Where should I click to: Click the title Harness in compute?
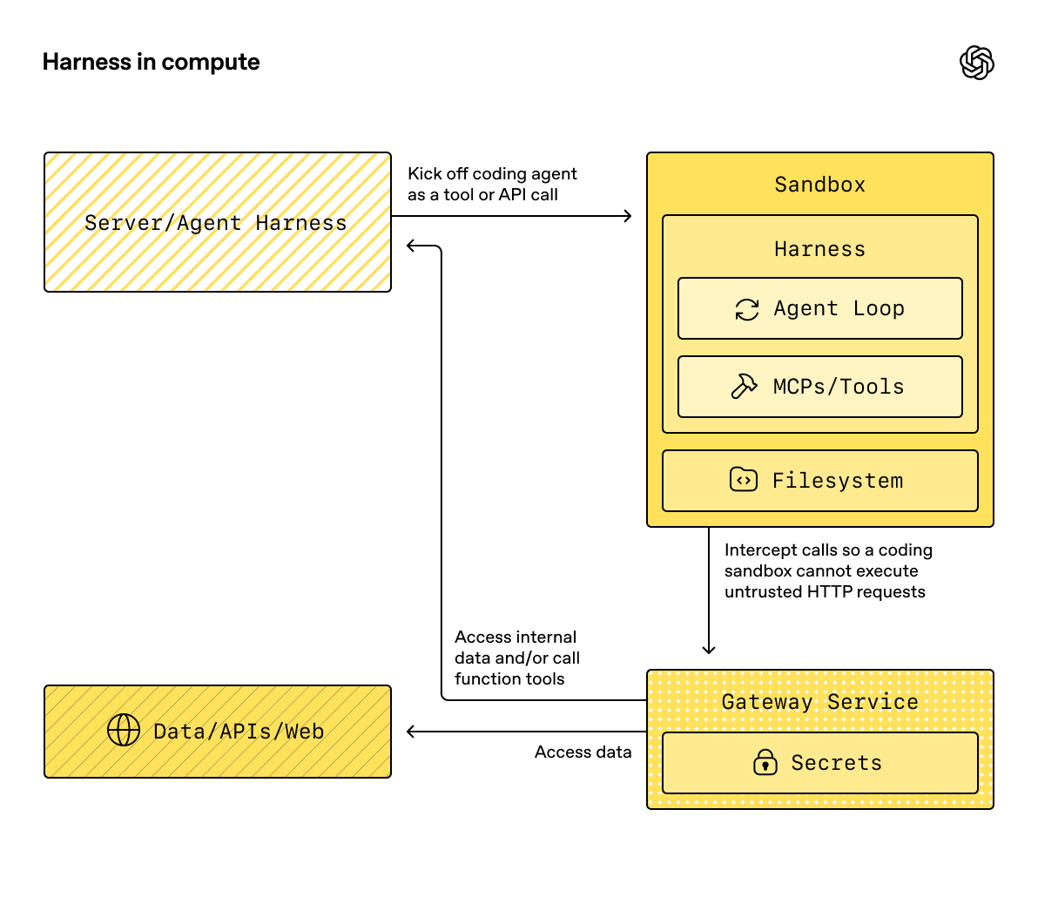pyautogui.click(x=151, y=62)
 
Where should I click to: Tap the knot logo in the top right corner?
pyautogui.click(x=976, y=63)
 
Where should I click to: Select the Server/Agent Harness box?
pyautogui.click(x=217, y=223)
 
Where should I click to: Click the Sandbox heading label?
pyautogui.click(x=819, y=185)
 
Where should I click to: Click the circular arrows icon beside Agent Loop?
pyautogui.click(x=747, y=309)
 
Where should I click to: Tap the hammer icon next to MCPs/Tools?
pyautogui.click(x=744, y=387)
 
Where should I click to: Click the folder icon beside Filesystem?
pyautogui.click(x=743, y=480)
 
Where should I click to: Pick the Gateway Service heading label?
pyautogui.click(x=819, y=702)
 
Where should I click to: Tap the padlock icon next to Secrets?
pyautogui.click(x=765, y=763)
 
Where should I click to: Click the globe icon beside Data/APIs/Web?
pyautogui.click(x=123, y=731)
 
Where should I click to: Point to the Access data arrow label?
pyautogui.click(x=583, y=752)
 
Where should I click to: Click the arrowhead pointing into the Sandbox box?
pyautogui.click(x=628, y=216)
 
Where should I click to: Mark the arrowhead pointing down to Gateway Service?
pyautogui.click(x=709, y=649)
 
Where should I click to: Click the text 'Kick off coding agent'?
pyautogui.click(x=492, y=174)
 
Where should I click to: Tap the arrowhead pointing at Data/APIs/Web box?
pyautogui.click(x=412, y=732)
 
